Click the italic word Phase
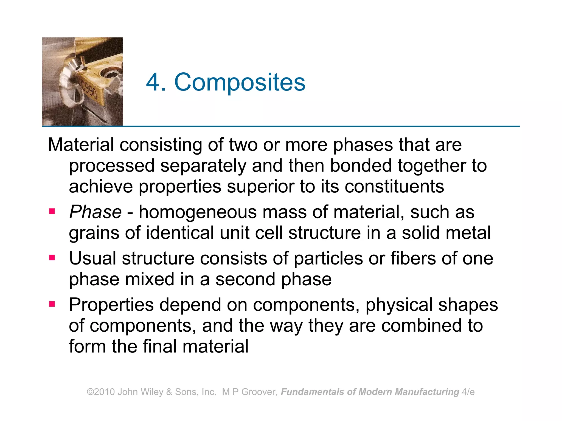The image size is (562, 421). [x=95, y=212]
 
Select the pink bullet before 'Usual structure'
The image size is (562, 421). [x=52, y=258]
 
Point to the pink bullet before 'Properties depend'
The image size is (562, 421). [x=52, y=304]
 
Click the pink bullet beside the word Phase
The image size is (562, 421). [x=52, y=211]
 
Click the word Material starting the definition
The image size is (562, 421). [x=81, y=144]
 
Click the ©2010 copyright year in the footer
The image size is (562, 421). [x=101, y=392]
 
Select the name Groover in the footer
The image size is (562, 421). [x=258, y=392]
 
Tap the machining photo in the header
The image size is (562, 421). [x=82, y=81]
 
